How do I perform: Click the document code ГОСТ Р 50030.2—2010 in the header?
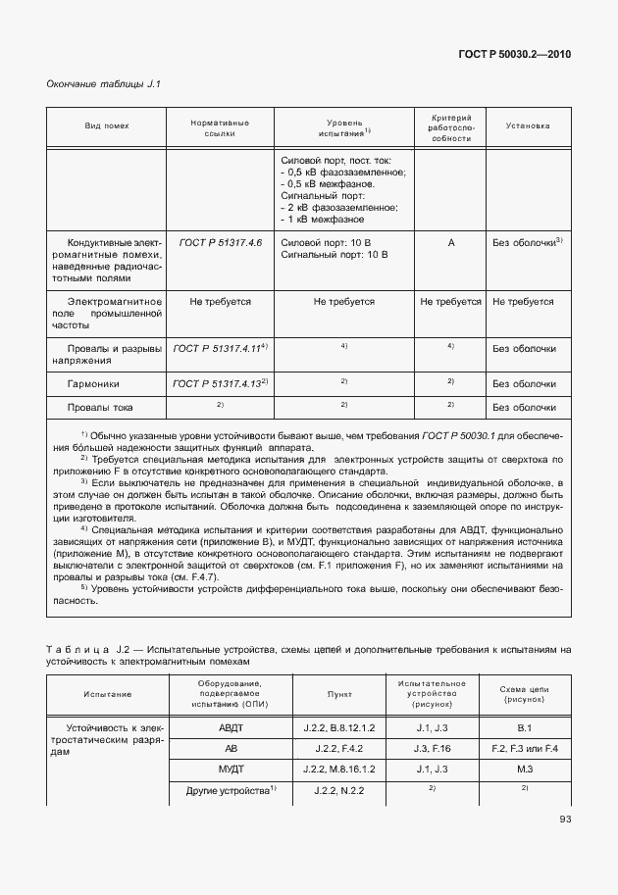click(x=515, y=54)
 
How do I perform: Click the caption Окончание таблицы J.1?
click(x=104, y=84)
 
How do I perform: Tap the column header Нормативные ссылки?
click(x=220, y=127)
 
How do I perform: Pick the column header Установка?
click(x=528, y=126)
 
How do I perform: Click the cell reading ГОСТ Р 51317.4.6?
click(x=220, y=242)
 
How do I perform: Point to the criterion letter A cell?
click(x=451, y=242)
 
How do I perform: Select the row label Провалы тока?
click(x=100, y=407)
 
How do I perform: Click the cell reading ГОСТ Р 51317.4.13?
click(x=220, y=383)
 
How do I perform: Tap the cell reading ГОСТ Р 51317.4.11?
click(x=220, y=348)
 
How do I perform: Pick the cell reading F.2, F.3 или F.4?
click(x=525, y=749)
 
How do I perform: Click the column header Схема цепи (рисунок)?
click(x=525, y=696)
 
